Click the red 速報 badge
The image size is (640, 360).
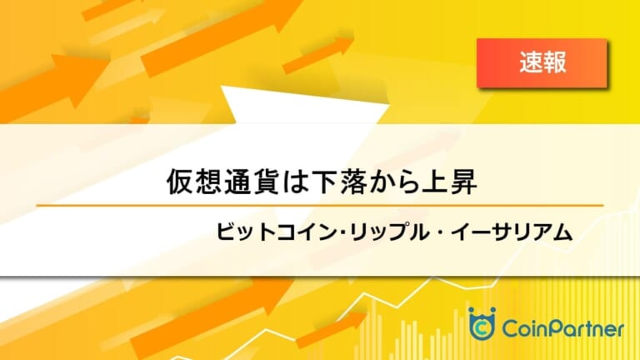click(x=542, y=62)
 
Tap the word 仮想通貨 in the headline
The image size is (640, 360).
click(x=223, y=182)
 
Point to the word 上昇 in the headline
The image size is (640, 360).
click(x=449, y=182)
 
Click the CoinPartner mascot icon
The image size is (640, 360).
click(x=482, y=323)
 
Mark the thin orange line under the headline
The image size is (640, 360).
click(x=320, y=206)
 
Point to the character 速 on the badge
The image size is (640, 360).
click(x=531, y=62)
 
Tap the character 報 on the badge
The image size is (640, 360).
click(x=555, y=62)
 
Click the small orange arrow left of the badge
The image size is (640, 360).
click(x=318, y=56)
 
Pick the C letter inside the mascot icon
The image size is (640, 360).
click(x=482, y=327)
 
